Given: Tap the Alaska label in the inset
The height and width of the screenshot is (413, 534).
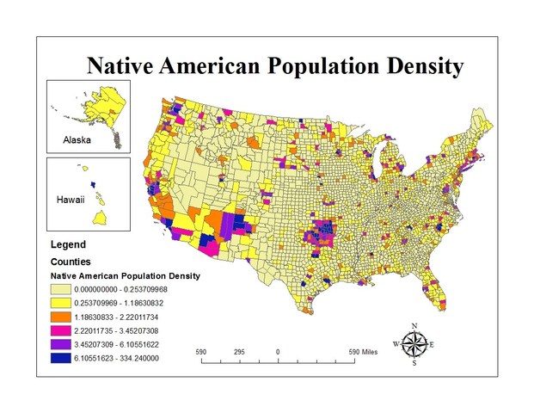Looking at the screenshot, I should (77, 139).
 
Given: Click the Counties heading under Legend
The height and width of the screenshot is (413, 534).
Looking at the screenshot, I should (71, 261).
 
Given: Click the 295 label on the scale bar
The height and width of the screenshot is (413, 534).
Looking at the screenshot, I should (239, 351).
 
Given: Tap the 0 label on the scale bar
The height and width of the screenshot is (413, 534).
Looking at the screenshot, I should (278, 351).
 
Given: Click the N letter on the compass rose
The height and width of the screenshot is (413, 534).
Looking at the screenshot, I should (414, 325).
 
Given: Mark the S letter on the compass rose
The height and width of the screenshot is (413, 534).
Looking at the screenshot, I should (414, 363).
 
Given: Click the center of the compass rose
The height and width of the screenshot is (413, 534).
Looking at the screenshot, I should (414, 344).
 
